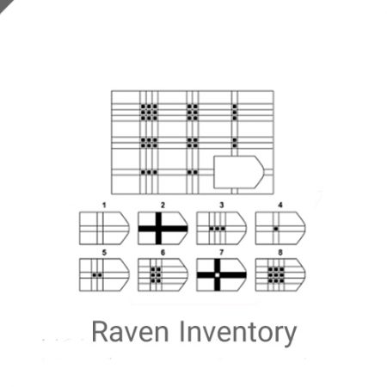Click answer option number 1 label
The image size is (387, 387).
(104, 206)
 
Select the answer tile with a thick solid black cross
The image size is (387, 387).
(163, 229)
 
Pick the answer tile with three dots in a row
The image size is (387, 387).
(221, 229)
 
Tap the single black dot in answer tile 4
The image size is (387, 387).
(276, 229)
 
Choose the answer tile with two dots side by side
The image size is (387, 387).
(104, 275)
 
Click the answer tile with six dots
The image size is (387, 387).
(163, 275)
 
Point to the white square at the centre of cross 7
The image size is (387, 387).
(218, 275)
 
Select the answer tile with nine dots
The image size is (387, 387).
(280, 275)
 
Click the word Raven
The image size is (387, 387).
(130, 332)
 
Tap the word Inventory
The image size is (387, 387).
(238, 334)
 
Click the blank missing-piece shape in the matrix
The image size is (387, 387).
(238, 172)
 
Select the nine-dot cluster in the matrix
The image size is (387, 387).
(149, 112)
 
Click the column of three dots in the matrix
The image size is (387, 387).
(235, 112)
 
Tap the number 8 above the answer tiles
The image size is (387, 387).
(280, 252)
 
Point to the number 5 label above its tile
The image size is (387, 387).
(104, 252)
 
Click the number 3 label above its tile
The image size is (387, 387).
(221, 206)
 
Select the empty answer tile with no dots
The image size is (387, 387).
(104, 229)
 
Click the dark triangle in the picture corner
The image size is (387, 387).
(5, 4)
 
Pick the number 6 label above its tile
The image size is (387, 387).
(163, 252)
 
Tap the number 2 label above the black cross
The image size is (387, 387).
(163, 206)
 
